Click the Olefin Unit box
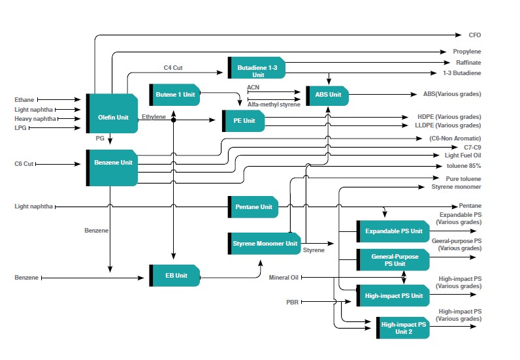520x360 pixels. pos(112,114)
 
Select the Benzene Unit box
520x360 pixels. pos(112,167)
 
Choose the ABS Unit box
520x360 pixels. pos(327,94)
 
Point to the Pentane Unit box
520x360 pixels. pos(253,206)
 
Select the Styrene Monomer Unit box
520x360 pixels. pos(264,244)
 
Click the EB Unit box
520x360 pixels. pos(174,276)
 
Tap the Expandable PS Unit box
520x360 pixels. pos(393,231)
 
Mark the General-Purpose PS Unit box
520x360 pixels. pos(393,259)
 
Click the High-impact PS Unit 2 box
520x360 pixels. pos(403,328)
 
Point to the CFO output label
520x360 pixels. pos(475,35)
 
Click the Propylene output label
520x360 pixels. pos(467,51)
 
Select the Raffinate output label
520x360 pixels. pos(468,62)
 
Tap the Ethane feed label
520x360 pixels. pos(24,100)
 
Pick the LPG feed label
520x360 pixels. pos(21,128)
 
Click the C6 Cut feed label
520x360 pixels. pos(24,163)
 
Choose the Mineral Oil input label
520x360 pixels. pos(284,278)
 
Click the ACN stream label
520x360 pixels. pos(253,87)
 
